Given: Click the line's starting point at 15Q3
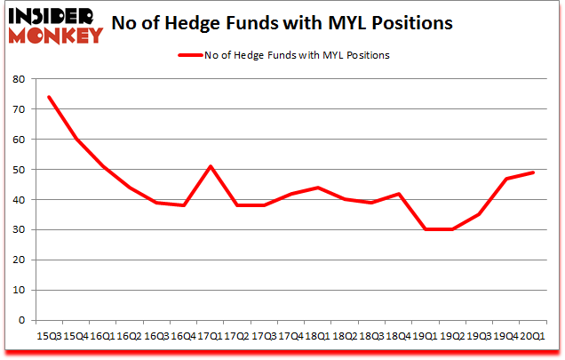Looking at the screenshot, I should [49, 96].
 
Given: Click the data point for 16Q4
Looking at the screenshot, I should [183, 205].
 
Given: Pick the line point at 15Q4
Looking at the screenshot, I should [78, 139].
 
